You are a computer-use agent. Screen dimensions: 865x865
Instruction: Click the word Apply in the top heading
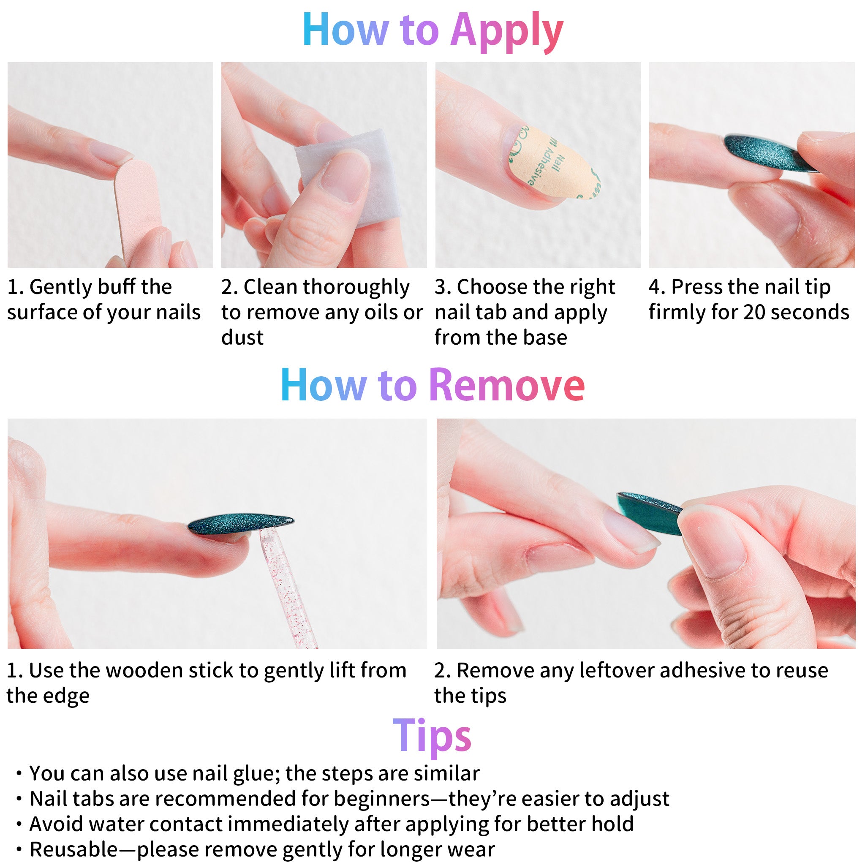tap(507, 30)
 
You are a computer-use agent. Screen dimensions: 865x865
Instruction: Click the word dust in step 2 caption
tap(242, 337)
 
